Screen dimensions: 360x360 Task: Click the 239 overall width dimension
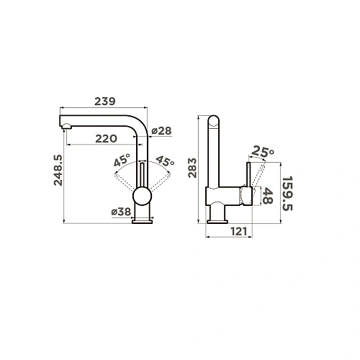tap(105, 102)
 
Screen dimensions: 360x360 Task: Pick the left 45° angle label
tap(121, 161)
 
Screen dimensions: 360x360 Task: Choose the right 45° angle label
tap(166, 161)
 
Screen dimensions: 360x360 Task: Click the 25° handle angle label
tap(263, 152)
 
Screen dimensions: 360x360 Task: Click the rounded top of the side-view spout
tap(214, 120)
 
